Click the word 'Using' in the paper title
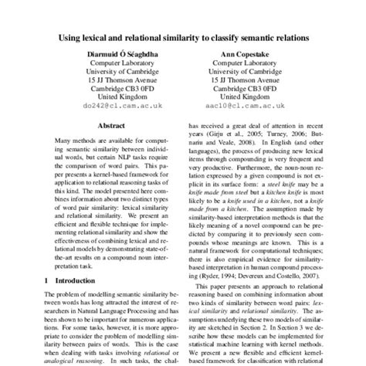pos(72,36)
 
